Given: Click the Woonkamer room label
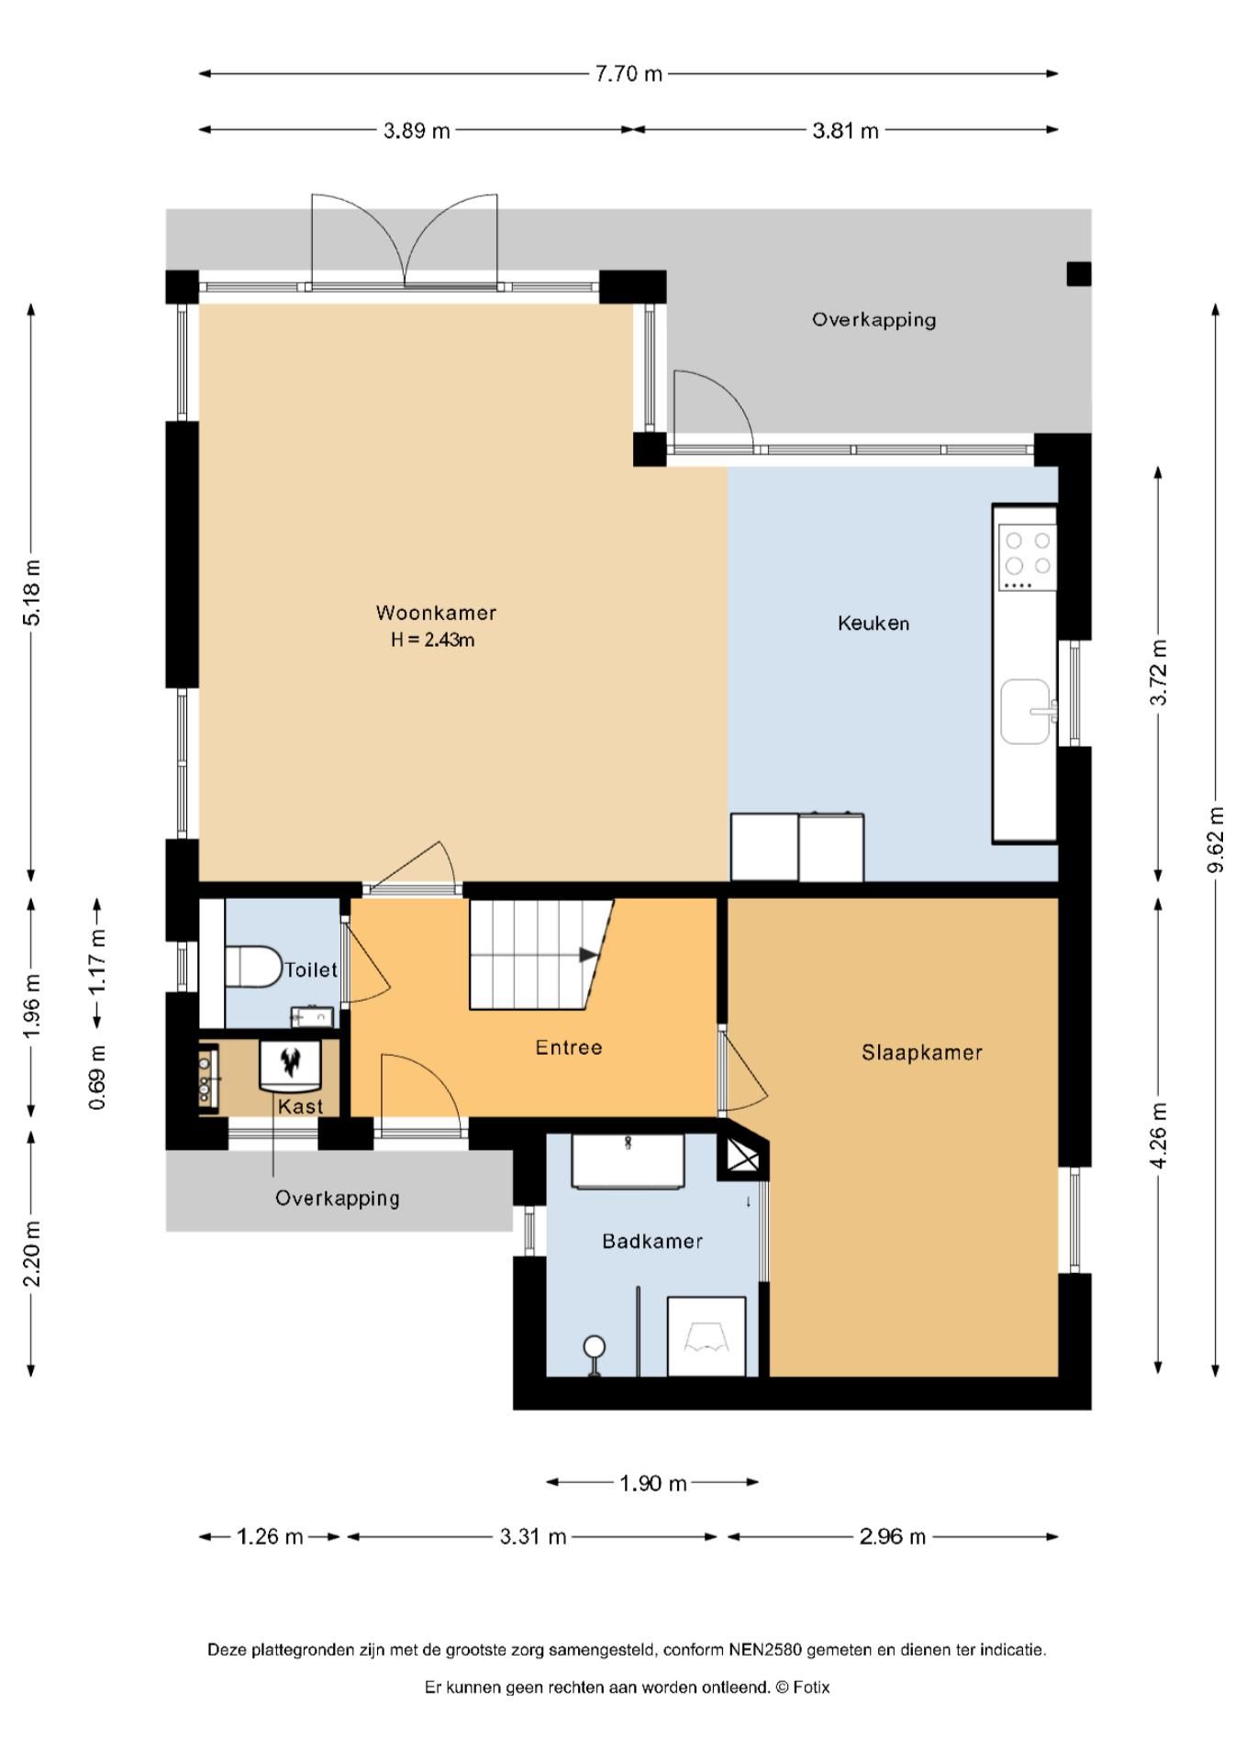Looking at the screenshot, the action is (x=436, y=613).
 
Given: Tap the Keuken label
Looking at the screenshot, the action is (x=873, y=624).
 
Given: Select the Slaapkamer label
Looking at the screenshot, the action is (x=922, y=1053).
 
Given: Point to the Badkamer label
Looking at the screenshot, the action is (x=652, y=1242).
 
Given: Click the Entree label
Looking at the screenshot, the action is (x=569, y=1047).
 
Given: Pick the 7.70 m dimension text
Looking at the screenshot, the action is (x=629, y=74).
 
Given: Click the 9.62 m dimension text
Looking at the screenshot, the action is (x=1217, y=840).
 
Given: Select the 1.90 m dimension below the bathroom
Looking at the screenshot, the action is (x=653, y=1483).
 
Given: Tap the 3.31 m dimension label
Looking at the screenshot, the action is (x=533, y=1536).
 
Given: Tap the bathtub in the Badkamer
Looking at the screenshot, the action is (x=628, y=1161).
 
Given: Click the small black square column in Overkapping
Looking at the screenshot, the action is (x=1079, y=273).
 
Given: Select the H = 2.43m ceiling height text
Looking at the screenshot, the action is (x=433, y=640).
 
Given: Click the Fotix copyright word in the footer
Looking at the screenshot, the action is (x=811, y=1687).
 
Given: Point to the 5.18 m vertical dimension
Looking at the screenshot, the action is (x=32, y=593).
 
